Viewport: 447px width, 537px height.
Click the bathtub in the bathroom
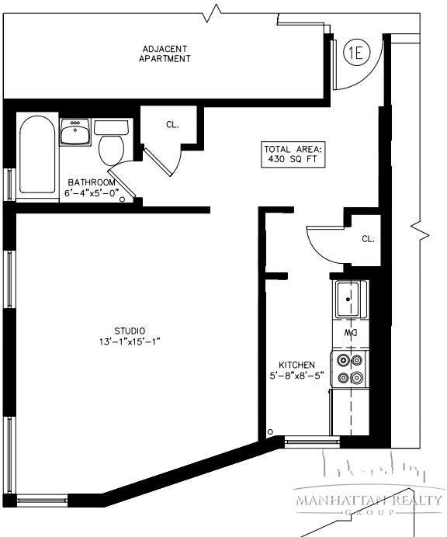tap(36, 154)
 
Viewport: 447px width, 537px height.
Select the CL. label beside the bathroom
tap(172, 123)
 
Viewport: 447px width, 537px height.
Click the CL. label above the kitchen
tap(368, 239)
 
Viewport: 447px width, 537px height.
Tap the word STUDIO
tap(129, 331)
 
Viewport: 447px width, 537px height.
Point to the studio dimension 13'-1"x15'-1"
tap(129, 341)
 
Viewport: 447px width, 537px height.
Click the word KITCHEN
tap(296, 365)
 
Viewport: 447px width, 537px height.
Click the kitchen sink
tap(350, 296)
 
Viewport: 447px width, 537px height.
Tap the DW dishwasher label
tap(351, 333)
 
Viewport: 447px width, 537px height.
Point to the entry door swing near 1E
tap(353, 78)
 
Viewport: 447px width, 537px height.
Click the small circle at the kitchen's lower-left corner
tap(270, 431)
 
